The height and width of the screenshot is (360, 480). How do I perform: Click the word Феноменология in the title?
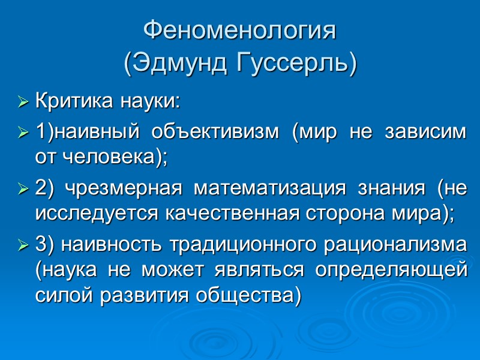[240, 31]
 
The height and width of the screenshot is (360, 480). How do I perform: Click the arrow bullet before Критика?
[24, 103]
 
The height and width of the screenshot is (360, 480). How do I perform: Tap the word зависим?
[430, 131]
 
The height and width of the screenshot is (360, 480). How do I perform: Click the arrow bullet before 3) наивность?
[24, 246]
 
